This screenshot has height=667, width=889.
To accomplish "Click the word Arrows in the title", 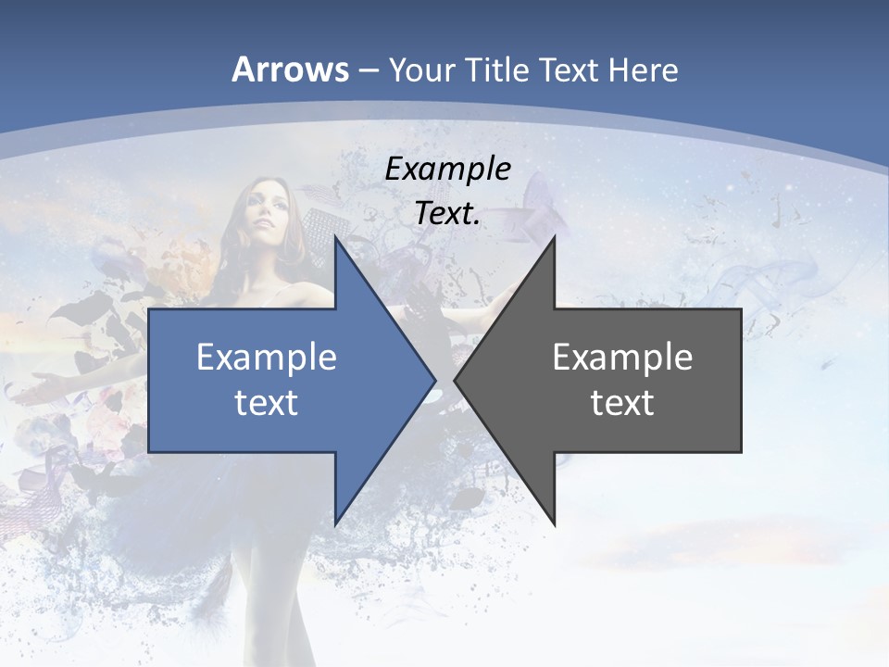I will tap(291, 69).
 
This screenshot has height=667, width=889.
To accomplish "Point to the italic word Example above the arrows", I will tap(448, 170).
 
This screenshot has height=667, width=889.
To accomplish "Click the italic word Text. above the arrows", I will tap(448, 213).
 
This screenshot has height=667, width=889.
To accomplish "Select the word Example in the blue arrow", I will tap(267, 358).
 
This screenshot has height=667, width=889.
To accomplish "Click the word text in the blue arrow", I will tap(267, 403).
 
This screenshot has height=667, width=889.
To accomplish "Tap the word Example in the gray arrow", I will tap(622, 358).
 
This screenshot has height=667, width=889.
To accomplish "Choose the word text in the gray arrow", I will tap(622, 403).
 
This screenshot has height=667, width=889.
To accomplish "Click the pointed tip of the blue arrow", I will tap(434, 380).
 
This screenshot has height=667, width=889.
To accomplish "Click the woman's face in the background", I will tap(263, 219).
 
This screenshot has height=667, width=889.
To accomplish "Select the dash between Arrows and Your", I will tap(367, 70).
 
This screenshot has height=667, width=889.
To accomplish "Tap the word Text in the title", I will tap(567, 70).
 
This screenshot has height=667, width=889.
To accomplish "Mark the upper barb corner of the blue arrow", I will tap(335, 237).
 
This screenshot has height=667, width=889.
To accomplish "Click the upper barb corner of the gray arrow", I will tap(554, 237).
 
